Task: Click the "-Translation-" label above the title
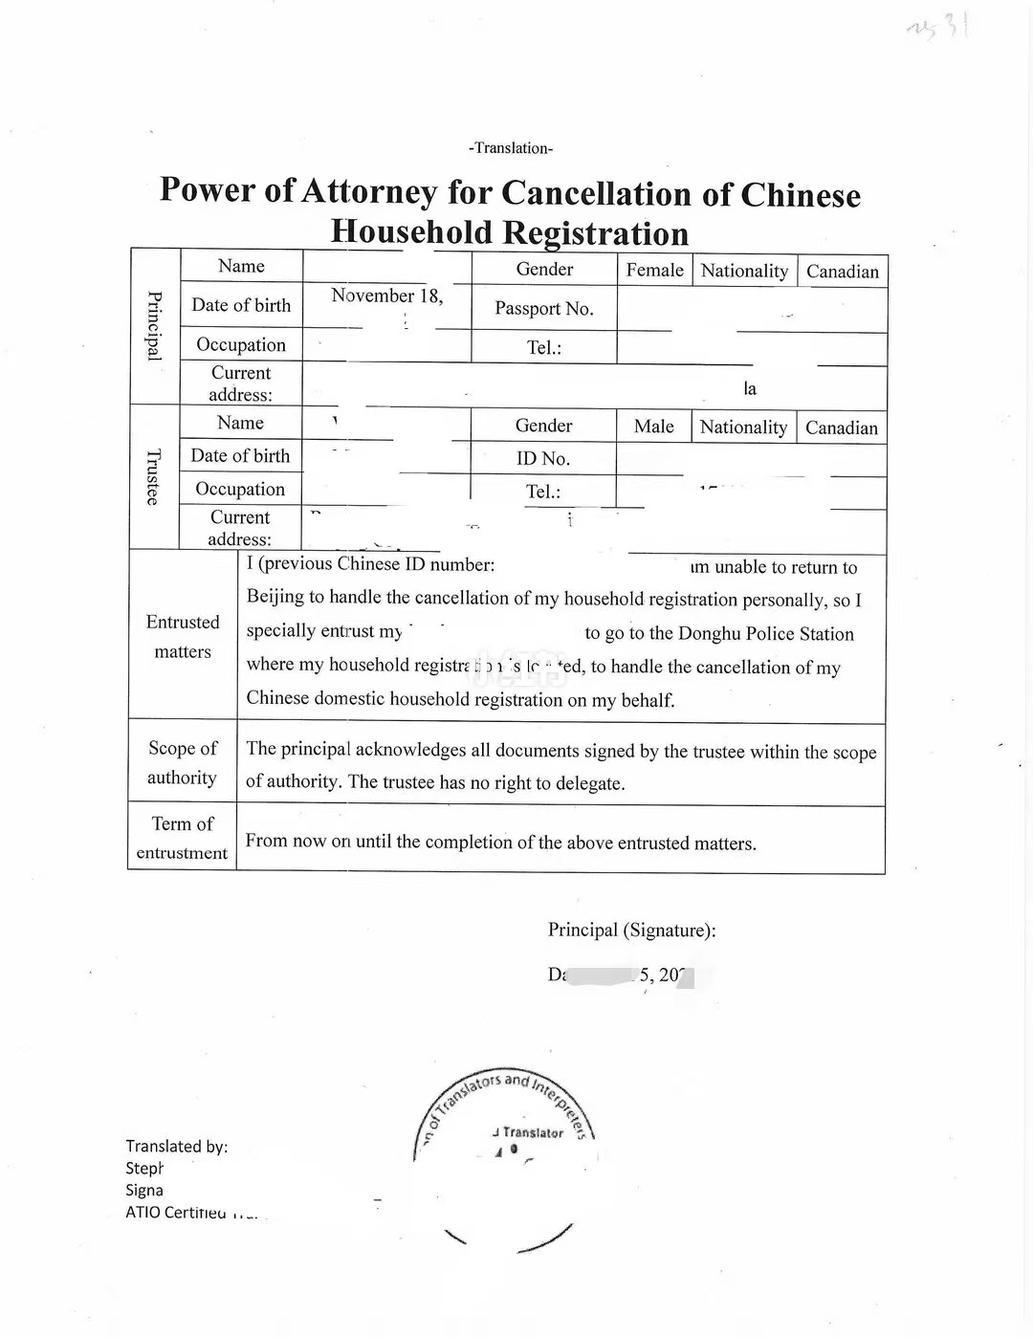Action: (511, 148)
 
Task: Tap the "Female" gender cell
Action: (654, 271)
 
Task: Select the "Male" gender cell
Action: (653, 427)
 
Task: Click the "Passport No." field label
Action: (543, 309)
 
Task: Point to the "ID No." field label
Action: (542, 459)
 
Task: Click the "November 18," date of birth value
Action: (386, 296)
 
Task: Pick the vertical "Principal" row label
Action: (154, 325)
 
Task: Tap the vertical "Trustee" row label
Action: (153, 476)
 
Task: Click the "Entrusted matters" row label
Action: (183, 637)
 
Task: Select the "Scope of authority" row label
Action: (182, 762)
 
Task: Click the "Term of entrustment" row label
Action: (182, 838)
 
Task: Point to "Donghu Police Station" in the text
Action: (765, 634)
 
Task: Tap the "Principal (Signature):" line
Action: (631, 930)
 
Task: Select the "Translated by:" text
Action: (176, 1146)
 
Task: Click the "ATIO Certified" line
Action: (177, 1213)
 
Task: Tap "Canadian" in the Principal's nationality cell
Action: (842, 272)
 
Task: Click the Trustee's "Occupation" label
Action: (240, 490)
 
